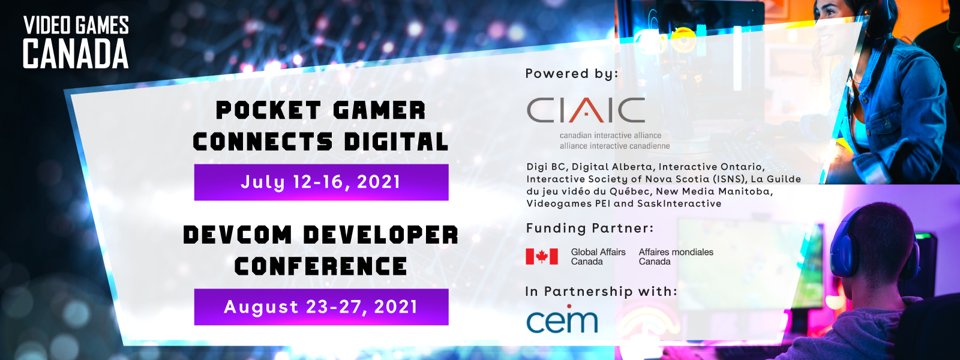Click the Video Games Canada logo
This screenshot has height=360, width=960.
[76, 43]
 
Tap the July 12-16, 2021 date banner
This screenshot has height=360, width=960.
[322, 182]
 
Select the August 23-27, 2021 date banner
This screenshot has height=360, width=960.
[322, 307]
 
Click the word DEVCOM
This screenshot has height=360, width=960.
[238, 235]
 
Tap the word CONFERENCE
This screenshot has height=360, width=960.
[320, 266]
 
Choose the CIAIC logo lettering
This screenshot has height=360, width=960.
[586, 110]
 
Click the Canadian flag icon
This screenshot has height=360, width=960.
[542, 256]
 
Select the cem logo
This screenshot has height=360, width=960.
[562, 319]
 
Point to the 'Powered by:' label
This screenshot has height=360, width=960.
[572, 74]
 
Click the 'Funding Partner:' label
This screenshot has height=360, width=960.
[590, 228]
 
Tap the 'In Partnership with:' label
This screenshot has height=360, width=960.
[601, 292]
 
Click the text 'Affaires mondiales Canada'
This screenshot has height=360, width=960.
[676, 257]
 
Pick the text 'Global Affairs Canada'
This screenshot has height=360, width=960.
[598, 257]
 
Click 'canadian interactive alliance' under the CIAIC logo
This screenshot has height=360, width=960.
[610, 136]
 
